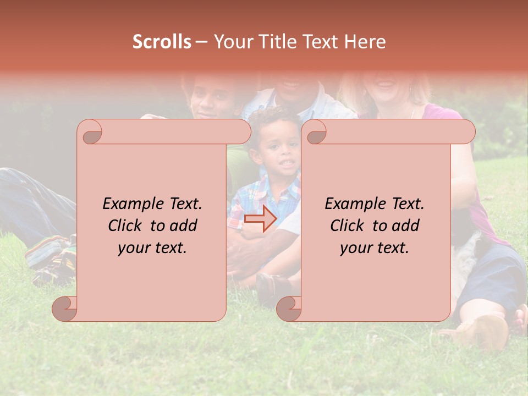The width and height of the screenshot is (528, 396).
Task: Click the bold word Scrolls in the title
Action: [x=162, y=42]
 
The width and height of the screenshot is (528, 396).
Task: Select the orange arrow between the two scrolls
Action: [x=260, y=218]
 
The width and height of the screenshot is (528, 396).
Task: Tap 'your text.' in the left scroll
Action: [x=152, y=248]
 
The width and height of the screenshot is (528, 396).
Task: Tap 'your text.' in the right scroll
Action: [x=375, y=248]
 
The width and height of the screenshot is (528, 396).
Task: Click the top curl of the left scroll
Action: [x=90, y=133]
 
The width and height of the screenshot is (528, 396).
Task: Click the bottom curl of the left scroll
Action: [x=65, y=309]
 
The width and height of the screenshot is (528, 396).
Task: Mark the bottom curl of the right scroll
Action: [x=289, y=309]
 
